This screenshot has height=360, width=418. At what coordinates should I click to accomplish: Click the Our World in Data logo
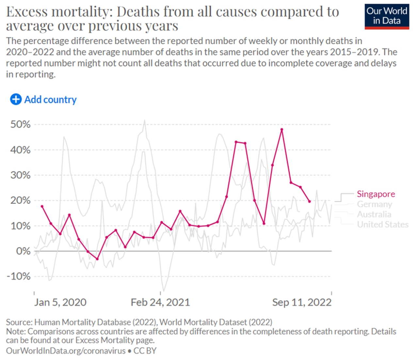point(387,17)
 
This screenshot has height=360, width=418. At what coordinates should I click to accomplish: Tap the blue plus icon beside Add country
point(16,99)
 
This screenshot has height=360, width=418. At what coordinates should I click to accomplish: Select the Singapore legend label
point(376,194)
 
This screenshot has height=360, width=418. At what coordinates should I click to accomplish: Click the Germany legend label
point(374,204)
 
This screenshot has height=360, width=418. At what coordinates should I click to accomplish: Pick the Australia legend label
point(374,214)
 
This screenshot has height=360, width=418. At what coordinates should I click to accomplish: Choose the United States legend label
point(383,224)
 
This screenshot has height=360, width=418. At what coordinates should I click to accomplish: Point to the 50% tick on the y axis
point(21,124)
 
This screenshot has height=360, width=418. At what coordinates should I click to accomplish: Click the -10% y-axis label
point(19,276)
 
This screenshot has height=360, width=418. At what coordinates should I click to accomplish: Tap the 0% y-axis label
point(24,251)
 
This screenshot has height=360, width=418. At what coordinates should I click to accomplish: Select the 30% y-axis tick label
point(21,175)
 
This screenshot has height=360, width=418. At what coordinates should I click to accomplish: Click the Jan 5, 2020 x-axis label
point(60,303)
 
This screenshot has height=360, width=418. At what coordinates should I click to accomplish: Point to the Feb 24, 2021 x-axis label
point(160,303)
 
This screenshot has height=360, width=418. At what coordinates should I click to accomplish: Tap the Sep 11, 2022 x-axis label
point(302,303)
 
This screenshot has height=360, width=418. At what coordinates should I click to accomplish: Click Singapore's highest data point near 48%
point(282,129)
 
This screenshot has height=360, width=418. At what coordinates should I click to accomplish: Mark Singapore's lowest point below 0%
point(97,259)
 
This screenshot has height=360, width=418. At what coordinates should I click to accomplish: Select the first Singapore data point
point(42,206)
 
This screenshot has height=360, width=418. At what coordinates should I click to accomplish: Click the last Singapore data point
point(309,202)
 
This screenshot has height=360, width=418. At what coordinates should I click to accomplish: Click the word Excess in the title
point(27,11)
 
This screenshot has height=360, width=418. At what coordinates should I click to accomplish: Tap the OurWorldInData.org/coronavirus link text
point(66,351)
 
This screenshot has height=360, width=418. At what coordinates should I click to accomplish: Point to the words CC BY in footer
point(145,351)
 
